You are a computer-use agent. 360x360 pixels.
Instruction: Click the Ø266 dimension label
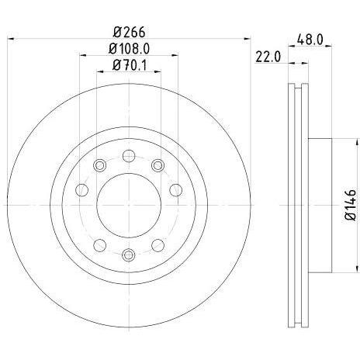point(130,33)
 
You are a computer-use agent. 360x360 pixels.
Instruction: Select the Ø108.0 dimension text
point(129,49)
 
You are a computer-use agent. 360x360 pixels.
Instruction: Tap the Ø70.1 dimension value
point(130,65)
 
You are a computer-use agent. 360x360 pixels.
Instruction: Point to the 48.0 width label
point(310,40)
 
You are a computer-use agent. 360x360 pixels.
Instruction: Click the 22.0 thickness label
point(268,57)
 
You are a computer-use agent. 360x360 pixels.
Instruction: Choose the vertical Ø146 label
point(351,205)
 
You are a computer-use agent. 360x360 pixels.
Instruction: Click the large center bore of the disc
point(129,205)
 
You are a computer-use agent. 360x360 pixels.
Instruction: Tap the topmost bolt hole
point(129,156)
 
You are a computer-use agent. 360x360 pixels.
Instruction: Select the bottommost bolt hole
point(129,254)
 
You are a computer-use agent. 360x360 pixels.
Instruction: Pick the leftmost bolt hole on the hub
point(81,190)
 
